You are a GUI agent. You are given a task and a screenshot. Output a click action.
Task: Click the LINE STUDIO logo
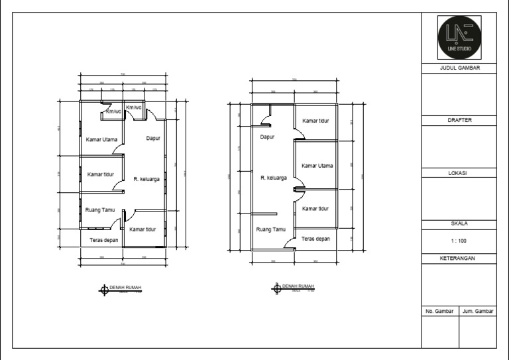[x=459, y=38]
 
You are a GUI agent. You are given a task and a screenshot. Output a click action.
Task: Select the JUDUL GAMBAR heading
[x=459, y=68]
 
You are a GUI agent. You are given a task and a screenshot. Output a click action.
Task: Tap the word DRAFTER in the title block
[x=459, y=120]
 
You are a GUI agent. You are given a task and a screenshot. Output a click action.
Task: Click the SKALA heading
[x=459, y=223]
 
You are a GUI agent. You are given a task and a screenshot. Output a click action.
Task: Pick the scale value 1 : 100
[x=459, y=241]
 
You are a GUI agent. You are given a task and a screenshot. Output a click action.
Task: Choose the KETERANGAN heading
[x=459, y=258]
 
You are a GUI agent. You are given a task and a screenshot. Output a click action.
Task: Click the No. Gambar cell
[x=439, y=310]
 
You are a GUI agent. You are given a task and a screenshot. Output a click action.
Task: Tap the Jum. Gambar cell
[x=477, y=310]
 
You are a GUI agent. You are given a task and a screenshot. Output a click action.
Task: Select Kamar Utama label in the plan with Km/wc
[x=102, y=139]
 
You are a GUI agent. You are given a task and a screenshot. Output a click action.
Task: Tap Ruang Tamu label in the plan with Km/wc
[x=101, y=210]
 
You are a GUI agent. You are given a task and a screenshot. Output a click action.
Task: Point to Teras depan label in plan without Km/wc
[x=315, y=239]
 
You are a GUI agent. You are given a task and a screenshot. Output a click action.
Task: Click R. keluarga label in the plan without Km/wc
[x=274, y=178]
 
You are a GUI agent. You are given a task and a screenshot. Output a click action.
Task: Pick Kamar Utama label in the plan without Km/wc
[x=317, y=166]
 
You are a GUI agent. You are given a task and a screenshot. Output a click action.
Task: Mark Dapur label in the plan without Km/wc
[x=267, y=137]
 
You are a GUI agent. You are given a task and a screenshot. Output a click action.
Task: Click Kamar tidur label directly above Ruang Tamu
[x=101, y=174]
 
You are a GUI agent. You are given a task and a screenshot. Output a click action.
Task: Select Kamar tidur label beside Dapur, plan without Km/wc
[x=316, y=121]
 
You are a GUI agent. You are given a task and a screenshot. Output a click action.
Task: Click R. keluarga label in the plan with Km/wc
[x=146, y=179]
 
